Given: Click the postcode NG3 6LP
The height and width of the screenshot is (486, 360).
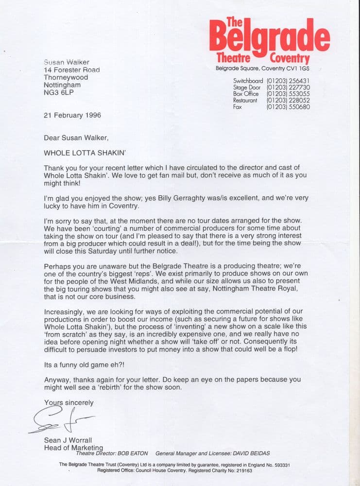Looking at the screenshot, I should tap(61, 92).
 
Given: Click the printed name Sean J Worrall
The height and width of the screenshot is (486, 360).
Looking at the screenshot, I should tap(68, 441).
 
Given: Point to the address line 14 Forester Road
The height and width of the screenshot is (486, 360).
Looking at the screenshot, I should tap(72, 69).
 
